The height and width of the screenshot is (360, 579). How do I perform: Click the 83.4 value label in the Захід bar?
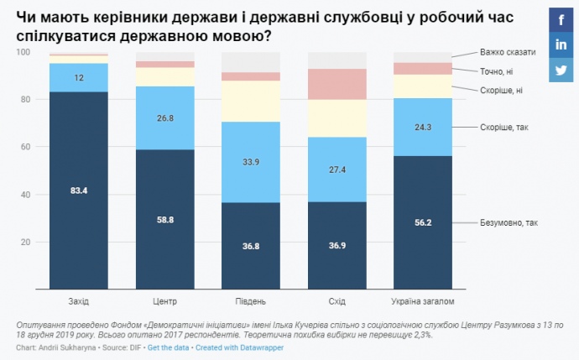pos(79,191)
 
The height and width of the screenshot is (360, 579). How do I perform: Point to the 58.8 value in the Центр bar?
pos(165,220)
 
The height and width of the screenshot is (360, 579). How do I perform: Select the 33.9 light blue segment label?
pos(251,162)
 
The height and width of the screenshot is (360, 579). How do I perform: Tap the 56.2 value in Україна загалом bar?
pos(423,223)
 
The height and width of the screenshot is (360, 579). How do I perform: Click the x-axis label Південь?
pos(251,300)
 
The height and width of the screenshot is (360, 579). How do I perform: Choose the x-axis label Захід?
pos(79,300)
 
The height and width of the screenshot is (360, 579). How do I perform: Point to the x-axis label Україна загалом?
pos(423,300)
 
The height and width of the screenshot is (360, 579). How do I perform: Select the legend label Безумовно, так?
pos(509,223)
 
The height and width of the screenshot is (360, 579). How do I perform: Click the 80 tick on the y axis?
pos(24,100)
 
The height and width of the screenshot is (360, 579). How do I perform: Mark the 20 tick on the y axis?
pos(24,243)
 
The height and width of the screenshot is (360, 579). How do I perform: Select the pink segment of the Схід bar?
pos(337,84)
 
